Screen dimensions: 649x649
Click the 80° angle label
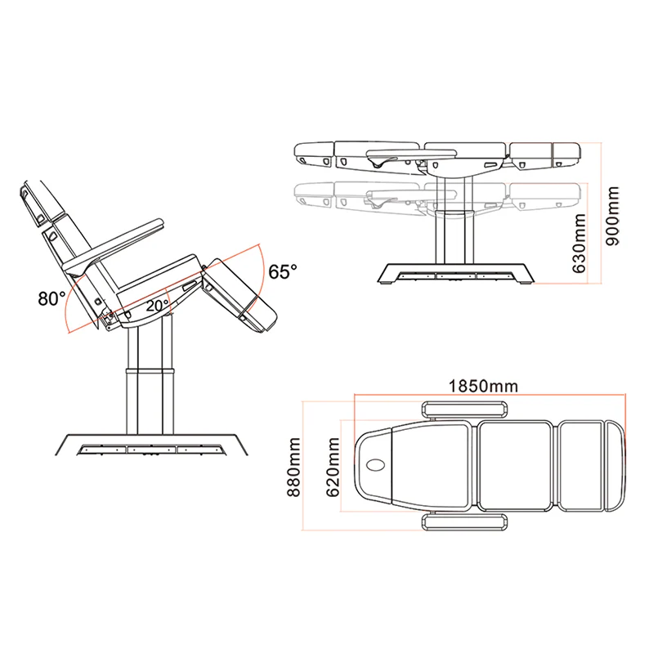coord(51,298)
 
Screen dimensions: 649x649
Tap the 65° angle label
coord(283,272)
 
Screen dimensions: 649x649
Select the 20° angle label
coord(157,306)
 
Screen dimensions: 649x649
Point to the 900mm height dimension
coord(613,216)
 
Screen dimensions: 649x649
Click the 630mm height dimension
coord(579,244)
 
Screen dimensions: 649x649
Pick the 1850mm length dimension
coord(483,386)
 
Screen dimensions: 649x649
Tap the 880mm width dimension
coord(293,467)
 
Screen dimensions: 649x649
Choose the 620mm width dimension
coord(333,467)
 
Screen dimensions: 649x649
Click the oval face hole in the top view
coord(376,465)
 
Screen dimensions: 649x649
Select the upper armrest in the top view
coord(465,410)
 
